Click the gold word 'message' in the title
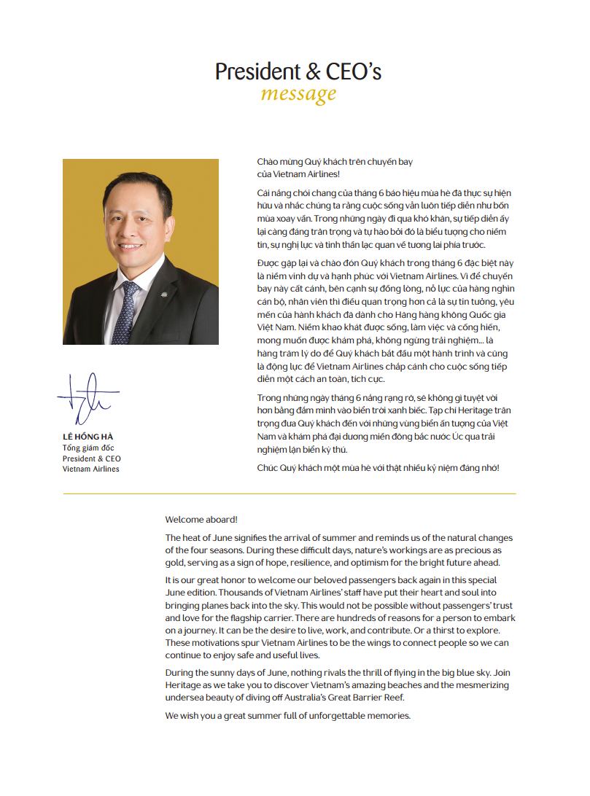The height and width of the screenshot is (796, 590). [298, 94]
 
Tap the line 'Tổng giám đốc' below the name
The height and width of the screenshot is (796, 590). [88, 447]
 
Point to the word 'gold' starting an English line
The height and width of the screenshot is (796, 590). [176, 563]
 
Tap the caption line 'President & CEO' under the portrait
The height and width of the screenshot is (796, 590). [92, 458]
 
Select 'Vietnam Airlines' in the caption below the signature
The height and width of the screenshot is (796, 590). [91, 469]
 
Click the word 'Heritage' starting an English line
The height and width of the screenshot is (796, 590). [183, 685]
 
